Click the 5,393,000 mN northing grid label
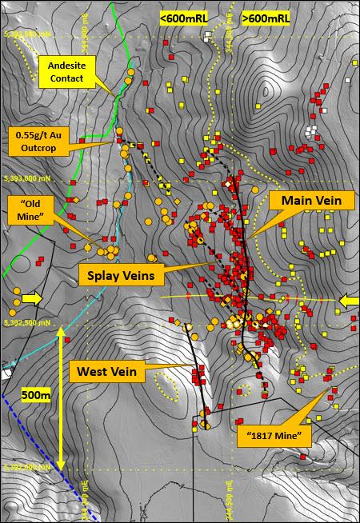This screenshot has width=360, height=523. [28, 180]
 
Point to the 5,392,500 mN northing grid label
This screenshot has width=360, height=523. [28, 323]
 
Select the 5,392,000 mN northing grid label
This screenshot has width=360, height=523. [28, 466]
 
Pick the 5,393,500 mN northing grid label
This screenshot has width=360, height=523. [28, 34]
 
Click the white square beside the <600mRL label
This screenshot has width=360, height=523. [208, 36]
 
